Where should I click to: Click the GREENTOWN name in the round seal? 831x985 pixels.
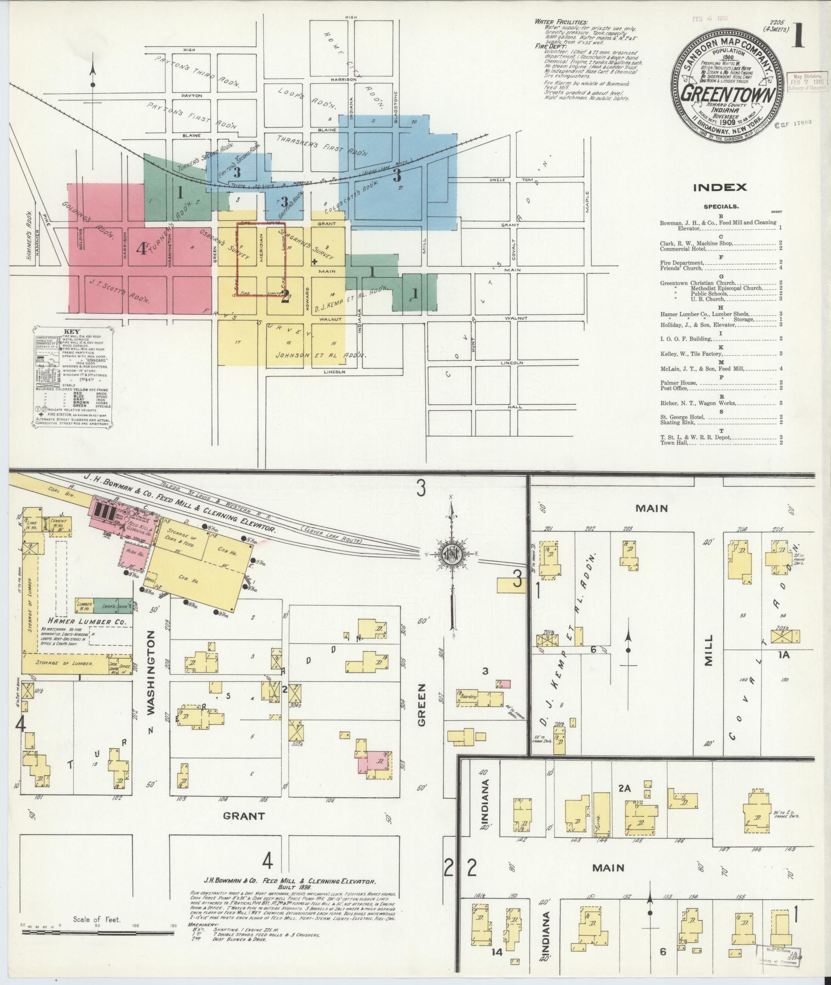pos(727,95)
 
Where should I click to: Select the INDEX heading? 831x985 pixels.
pos(719,188)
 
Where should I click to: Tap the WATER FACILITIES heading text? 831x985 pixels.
pos(561,23)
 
